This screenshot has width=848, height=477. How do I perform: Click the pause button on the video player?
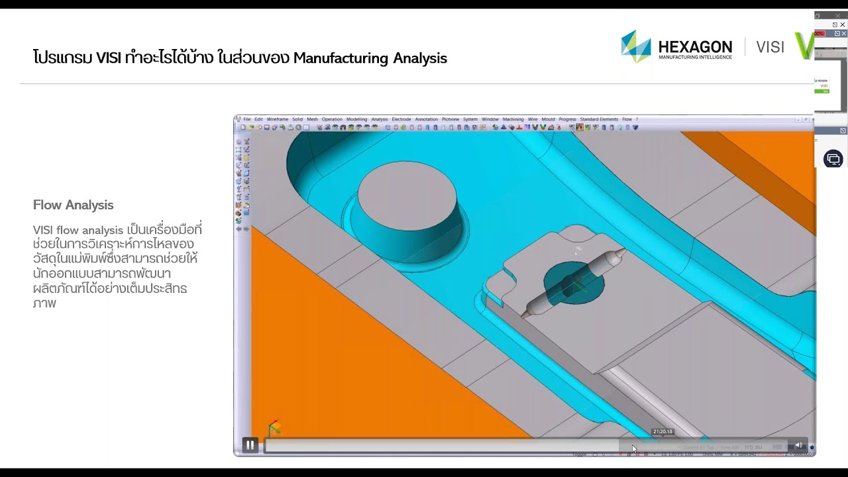(x=250, y=445)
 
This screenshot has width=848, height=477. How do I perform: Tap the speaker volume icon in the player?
(x=798, y=446)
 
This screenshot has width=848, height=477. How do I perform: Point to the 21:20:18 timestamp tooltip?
(x=662, y=431)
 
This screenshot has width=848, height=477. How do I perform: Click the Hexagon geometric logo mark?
(x=636, y=46)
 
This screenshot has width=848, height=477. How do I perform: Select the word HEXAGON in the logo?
(x=695, y=46)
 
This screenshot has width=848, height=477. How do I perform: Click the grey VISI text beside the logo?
(x=770, y=47)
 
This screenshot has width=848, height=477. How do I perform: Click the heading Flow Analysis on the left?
(x=74, y=205)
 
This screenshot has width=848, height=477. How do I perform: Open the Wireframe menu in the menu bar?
(x=278, y=119)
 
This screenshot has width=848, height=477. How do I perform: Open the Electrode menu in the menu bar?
(x=401, y=119)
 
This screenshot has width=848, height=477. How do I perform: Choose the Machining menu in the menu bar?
(x=513, y=119)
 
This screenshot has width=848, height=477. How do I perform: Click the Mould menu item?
(x=548, y=119)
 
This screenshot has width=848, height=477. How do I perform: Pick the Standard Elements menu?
(x=599, y=119)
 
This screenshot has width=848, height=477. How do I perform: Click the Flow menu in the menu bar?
(x=626, y=119)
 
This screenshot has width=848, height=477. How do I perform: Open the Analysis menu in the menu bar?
(x=380, y=119)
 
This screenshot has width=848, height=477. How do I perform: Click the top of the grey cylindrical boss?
(x=407, y=187)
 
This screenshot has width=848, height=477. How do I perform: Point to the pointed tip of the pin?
(x=623, y=252)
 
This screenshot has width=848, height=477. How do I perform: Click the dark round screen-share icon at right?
(x=833, y=159)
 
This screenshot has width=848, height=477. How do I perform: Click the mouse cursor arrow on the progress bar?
(x=634, y=449)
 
